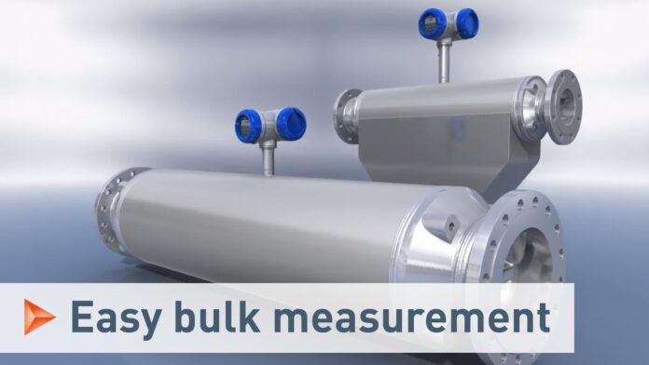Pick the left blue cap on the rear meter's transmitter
(433, 25)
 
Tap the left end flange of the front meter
(113, 210)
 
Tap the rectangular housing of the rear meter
(438, 121)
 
